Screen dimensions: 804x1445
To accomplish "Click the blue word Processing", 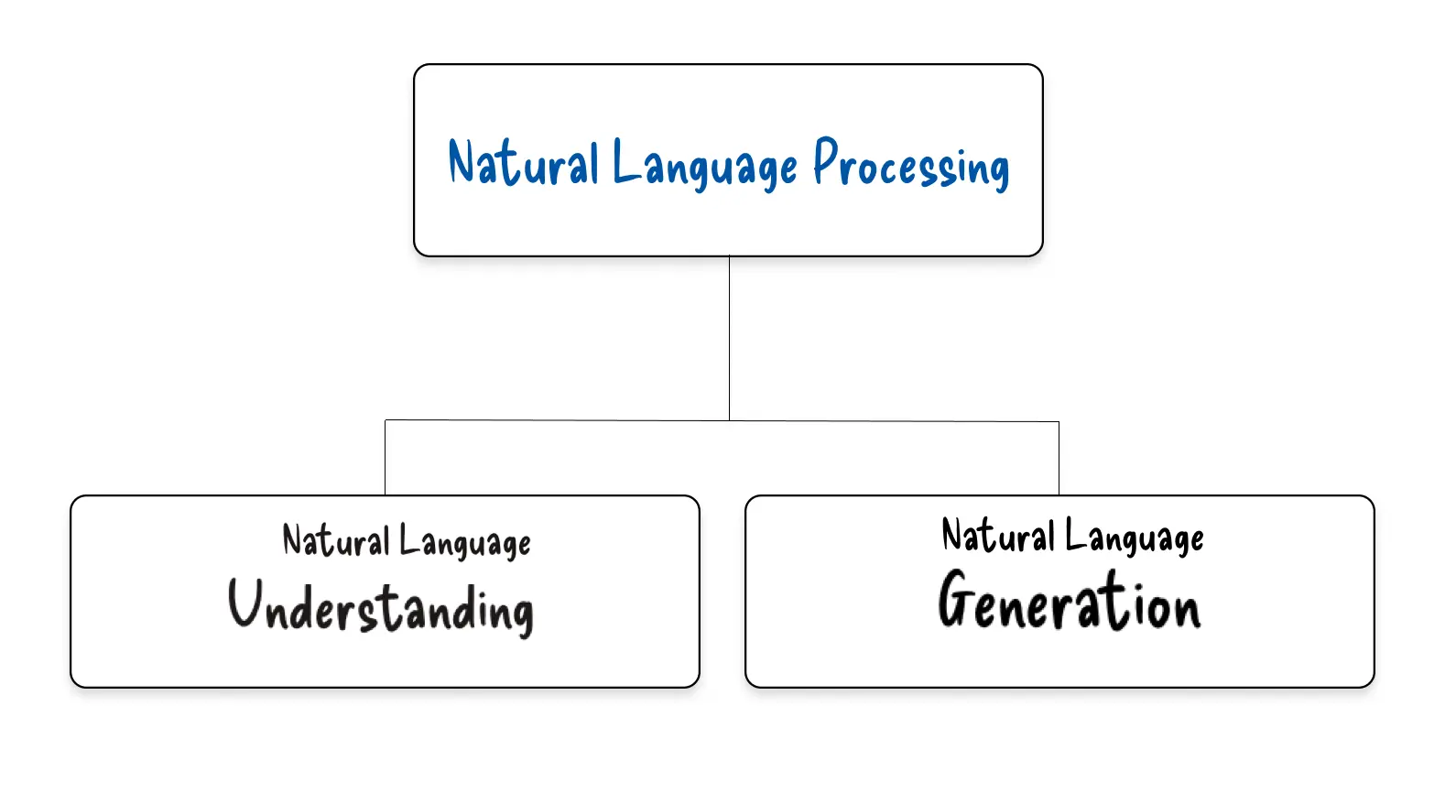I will (911, 166).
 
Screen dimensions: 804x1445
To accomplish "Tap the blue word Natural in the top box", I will (523, 164).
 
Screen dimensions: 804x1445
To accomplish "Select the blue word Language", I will (705, 166).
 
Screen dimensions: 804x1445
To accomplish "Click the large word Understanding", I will (381, 607).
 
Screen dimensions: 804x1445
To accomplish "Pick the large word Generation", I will (1069, 602).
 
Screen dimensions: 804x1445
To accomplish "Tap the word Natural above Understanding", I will (335, 540).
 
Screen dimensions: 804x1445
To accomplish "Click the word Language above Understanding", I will (464, 542).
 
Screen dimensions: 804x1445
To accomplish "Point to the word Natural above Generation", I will (997, 536).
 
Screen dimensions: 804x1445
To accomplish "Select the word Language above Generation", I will (1134, 538).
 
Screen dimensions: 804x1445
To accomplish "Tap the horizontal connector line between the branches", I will (559, 420).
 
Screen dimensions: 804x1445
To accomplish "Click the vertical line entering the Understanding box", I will (386, 458).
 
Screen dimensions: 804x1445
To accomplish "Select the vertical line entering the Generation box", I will (1059, 458).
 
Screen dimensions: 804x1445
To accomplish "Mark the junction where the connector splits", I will (729, 420).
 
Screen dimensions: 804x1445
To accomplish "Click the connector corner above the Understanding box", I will (386, 420).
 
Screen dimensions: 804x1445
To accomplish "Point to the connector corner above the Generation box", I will (1059, 422).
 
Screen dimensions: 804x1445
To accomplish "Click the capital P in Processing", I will (826, 161).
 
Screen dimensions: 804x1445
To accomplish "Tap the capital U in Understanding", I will (246, 603).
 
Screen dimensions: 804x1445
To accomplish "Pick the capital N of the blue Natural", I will (464, 163).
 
